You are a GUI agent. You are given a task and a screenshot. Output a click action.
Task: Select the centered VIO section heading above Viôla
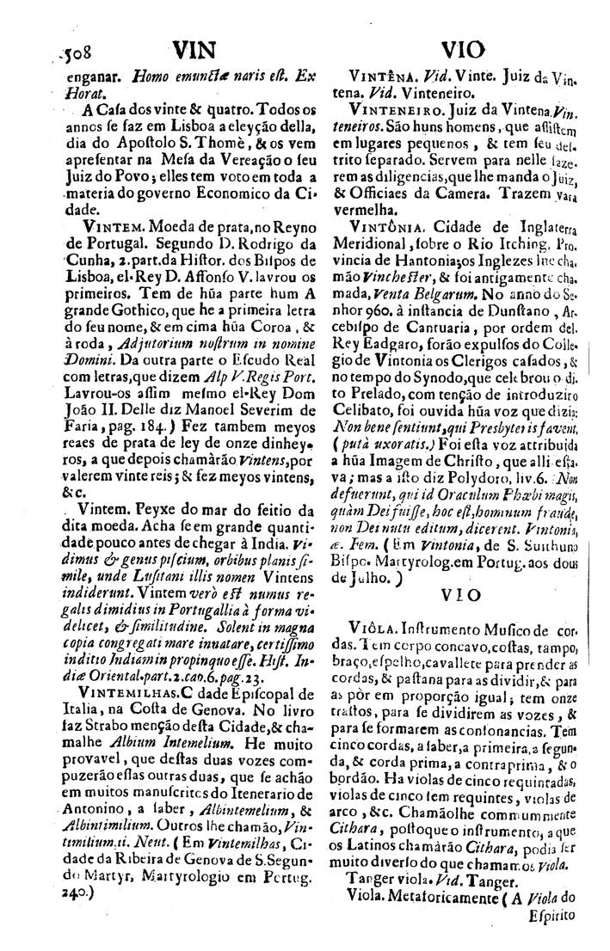461,596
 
